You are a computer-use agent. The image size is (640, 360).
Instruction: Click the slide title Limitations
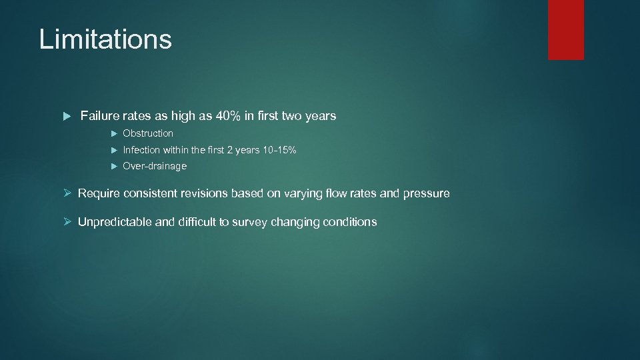[105, 39]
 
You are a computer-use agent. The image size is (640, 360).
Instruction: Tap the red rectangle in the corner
[565, 29]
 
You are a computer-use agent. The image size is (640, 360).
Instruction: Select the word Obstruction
[148, 133]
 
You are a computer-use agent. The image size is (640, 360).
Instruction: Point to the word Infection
[141, 150]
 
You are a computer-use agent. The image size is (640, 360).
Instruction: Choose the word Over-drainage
[155, 166]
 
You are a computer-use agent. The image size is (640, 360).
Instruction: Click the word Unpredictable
[115, 222]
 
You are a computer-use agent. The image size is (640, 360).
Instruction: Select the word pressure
[427, 193]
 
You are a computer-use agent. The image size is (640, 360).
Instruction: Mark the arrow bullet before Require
[67, 193]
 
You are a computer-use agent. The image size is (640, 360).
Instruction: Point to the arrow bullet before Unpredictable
[67, 222]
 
